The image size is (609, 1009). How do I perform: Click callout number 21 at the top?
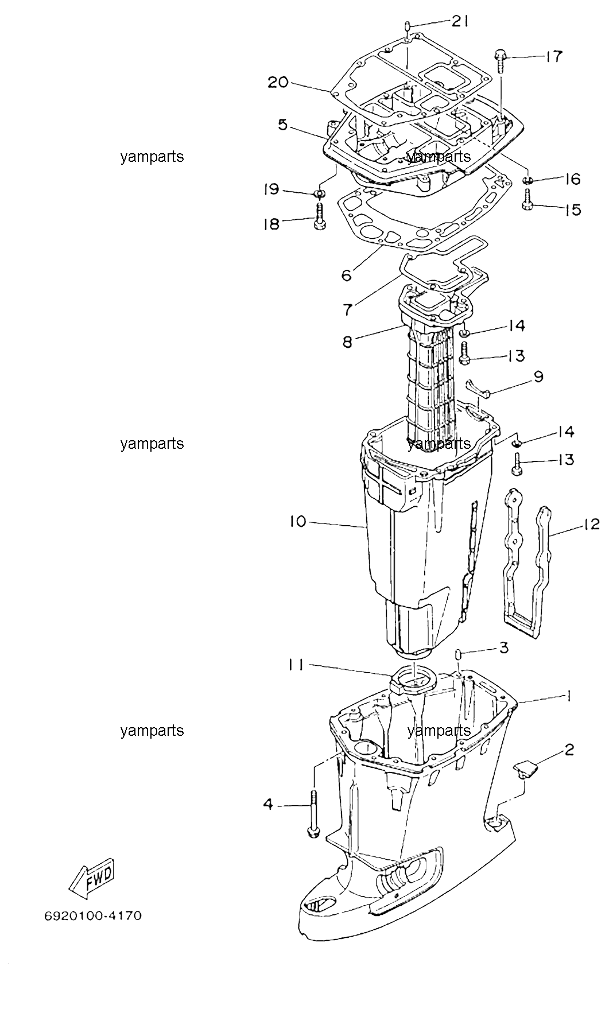[x=460, y=22]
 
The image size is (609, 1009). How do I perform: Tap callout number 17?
[x=553, y=56]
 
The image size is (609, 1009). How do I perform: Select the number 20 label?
[x=278, y=83]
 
